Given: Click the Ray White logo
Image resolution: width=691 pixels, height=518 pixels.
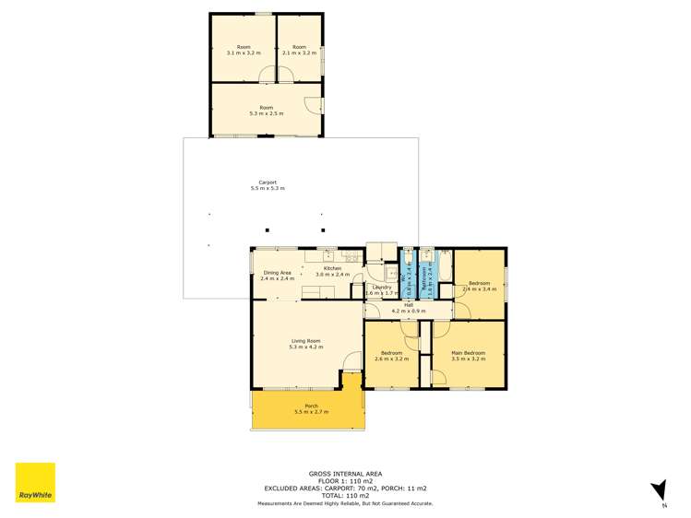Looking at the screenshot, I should [x=35, y=482].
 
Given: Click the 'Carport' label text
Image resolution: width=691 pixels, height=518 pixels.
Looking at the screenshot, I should [x=267, y=182].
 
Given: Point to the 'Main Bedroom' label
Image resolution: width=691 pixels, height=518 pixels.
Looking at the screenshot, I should [x=468, y=353].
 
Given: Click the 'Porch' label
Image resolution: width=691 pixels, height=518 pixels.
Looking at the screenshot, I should [x=306, y=406].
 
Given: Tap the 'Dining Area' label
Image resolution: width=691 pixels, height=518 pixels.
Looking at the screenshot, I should [x=278, y=273].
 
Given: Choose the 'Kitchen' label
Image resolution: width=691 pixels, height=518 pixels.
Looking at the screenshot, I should [x=332, y=268].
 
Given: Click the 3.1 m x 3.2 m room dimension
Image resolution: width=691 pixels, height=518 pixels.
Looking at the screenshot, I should [x=244, y=53].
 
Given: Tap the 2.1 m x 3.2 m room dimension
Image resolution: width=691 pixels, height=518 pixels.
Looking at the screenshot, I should [x=299, y=53].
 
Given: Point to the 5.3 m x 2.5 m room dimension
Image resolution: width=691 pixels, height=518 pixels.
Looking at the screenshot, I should [x=267, y=113].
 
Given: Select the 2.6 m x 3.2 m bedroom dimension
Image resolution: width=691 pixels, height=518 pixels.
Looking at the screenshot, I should [x=391, y=359].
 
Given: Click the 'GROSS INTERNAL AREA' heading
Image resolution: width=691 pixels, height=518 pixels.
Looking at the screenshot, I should [x=345, y=473].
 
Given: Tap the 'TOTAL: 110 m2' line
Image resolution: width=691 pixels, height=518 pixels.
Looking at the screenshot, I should [x=345, y=495].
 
